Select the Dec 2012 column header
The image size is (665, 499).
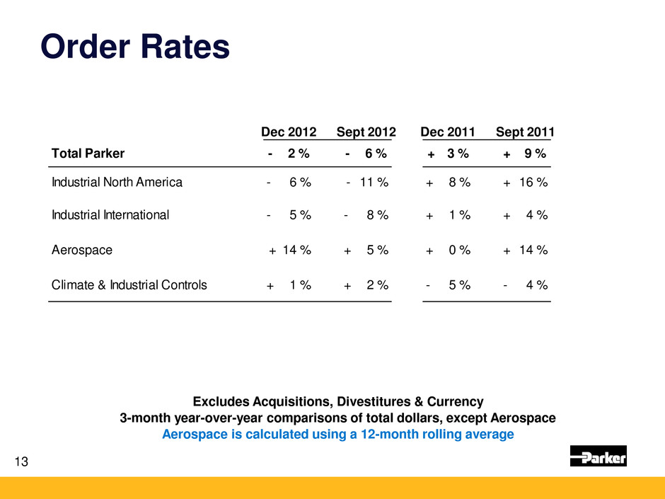(289, 132)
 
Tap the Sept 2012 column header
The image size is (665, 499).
(366, 132)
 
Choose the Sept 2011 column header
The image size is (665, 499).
(525, 132)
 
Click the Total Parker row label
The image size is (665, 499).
(88, 154)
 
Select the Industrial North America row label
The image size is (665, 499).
(117, 183)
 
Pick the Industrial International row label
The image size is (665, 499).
(110, 216)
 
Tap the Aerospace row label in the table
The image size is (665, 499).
(81, 250)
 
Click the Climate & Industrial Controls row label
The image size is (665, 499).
(129, 285)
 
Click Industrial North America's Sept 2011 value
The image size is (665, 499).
(525, 183)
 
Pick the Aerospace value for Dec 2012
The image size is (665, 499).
(290, 250)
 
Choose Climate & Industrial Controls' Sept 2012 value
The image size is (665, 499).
(366, 285)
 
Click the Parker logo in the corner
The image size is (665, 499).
(598, 457)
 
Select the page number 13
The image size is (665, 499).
(23, 463)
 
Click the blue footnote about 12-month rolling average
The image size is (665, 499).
(337, 435)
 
